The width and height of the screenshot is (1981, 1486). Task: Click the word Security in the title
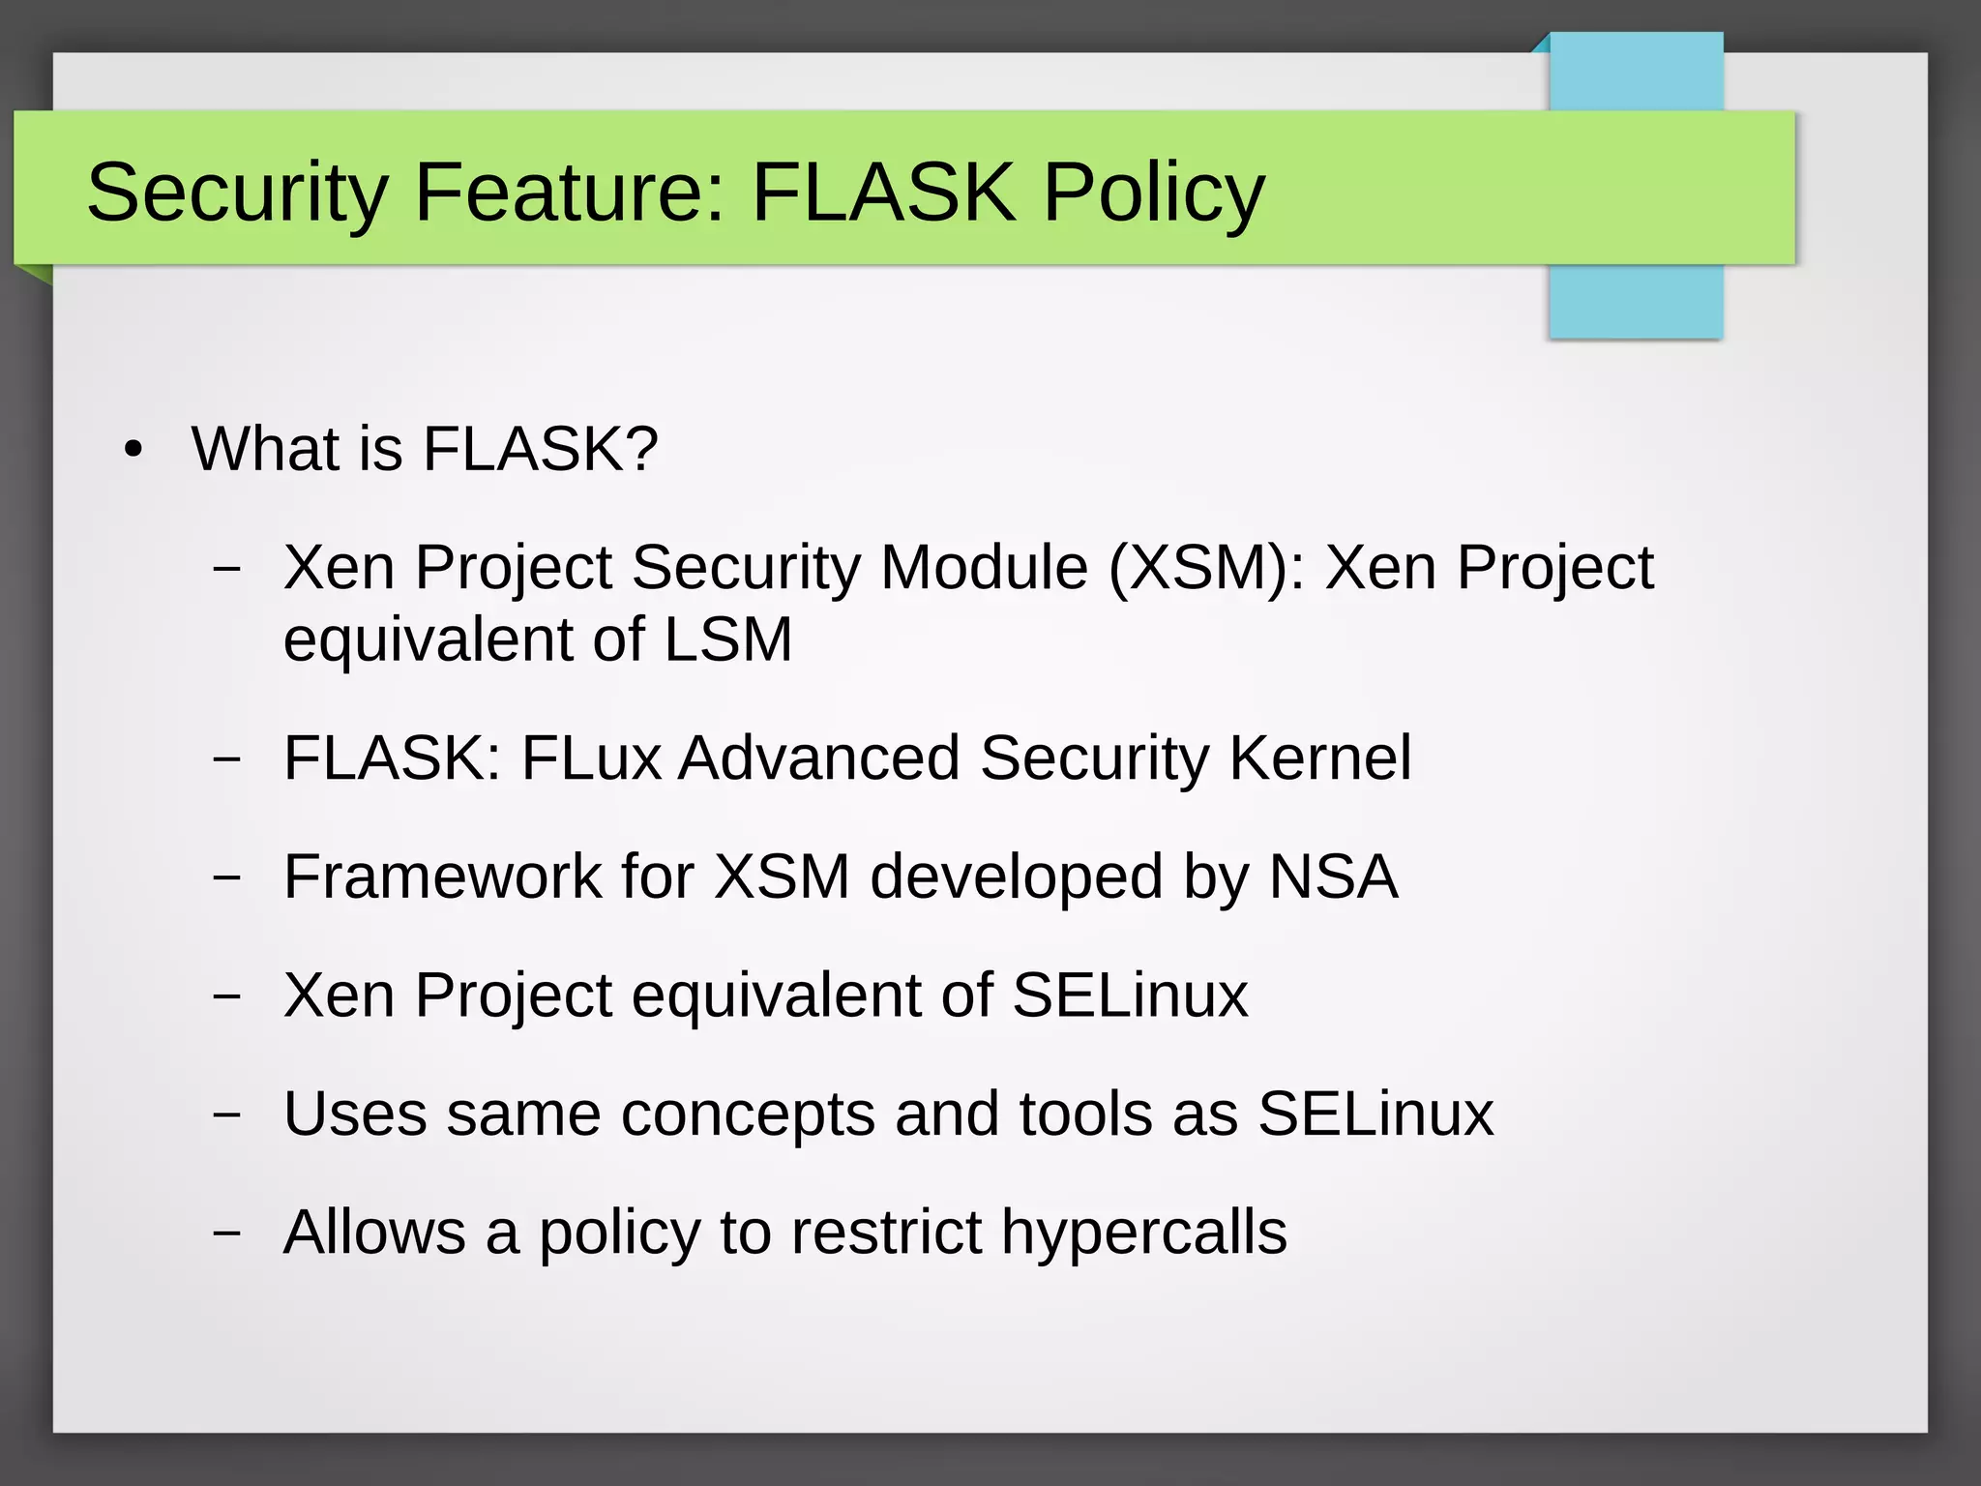point(237,193)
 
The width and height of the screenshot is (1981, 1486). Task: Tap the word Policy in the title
point(1153,193)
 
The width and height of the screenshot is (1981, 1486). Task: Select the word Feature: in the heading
point(570,193)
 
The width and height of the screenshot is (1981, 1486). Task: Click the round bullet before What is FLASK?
point(133,450)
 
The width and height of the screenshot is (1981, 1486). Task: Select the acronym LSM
point(727,639)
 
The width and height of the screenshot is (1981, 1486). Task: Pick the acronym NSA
point(1332,877)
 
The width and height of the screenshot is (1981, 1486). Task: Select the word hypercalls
point(1143,1233)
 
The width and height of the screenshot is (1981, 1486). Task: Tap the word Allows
point(374,1233)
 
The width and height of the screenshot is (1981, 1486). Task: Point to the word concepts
point(748,1115)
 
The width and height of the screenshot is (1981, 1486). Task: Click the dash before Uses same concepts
point(226,1115)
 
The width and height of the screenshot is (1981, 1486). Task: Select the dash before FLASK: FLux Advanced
point(226,759)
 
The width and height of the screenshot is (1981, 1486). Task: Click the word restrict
point(886,1233)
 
